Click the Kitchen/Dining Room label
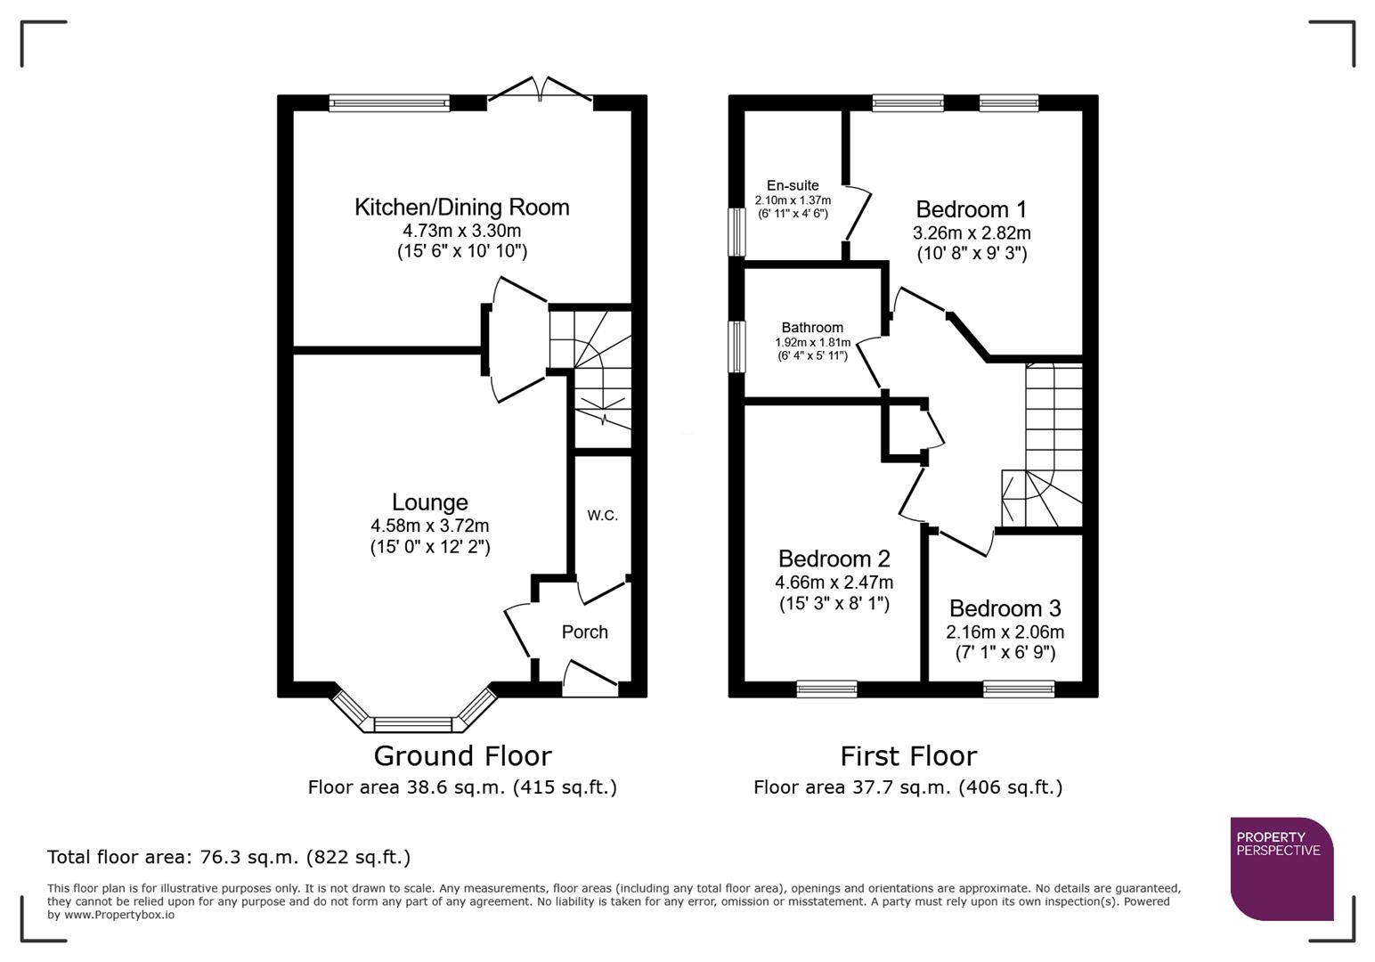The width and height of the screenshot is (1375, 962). pos(461,208)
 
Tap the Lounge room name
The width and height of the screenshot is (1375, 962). pos(429,502)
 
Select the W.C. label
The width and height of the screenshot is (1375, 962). pos(602,516)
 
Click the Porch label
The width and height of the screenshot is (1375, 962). pos(584,632)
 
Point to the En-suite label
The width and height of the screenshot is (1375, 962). pos(792,185)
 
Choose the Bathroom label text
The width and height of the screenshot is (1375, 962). pos(811,328)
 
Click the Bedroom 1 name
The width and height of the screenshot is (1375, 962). pos(971,210)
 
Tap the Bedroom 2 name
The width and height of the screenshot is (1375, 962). pos(834,559)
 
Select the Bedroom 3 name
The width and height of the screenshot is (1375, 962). pos(1005,609)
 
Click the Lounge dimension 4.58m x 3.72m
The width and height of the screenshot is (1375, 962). pos(429,526)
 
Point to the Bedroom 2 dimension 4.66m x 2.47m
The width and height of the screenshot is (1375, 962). pos(834,583)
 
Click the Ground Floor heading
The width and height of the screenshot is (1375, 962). pos(462,756)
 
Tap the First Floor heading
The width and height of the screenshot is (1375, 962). pos(908,756)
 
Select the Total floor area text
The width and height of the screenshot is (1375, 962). pos(229,858)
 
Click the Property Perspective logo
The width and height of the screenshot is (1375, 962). pos(1281,868)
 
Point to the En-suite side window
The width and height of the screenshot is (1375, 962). pos(736,232)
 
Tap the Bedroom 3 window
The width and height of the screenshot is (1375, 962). pos(1019,689)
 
